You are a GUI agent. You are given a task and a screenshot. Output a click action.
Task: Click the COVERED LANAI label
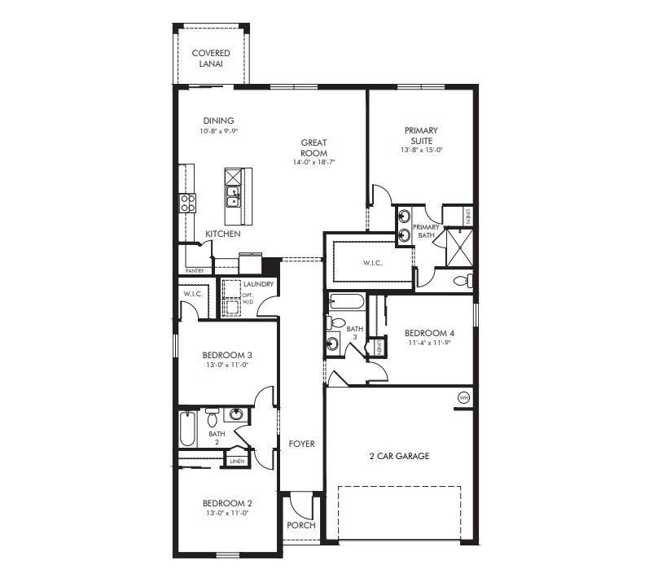[210, 58]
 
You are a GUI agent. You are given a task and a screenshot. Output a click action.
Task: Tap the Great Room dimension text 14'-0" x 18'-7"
[314, 163]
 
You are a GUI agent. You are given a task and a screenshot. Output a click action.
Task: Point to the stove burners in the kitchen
[188, 203]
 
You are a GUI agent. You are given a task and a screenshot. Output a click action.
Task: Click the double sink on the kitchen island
[233, 196]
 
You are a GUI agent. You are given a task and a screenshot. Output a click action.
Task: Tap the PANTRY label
[194, 270]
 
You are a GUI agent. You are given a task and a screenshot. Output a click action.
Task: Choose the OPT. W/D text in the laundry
[248, 298]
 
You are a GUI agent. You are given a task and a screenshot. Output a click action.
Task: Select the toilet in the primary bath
[463, 282]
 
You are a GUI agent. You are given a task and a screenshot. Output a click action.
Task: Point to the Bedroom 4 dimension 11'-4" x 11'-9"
[429, 343]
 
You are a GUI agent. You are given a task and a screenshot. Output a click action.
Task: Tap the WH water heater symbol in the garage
[463, 398]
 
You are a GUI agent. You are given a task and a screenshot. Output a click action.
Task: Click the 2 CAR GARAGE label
[399, 456]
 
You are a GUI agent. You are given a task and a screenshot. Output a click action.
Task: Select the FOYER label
[301, 444]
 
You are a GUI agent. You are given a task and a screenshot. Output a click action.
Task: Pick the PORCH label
[300, 525]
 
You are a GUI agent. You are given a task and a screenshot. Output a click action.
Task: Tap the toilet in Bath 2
[212, 418]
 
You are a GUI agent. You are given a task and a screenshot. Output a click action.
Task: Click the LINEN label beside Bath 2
[237, 462]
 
